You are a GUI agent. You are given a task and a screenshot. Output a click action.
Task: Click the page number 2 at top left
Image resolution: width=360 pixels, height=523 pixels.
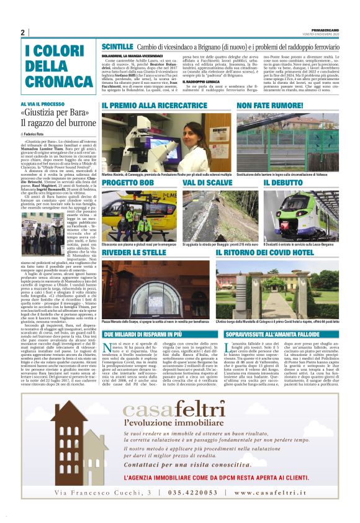pyautogui.click(x=23, y=32)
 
